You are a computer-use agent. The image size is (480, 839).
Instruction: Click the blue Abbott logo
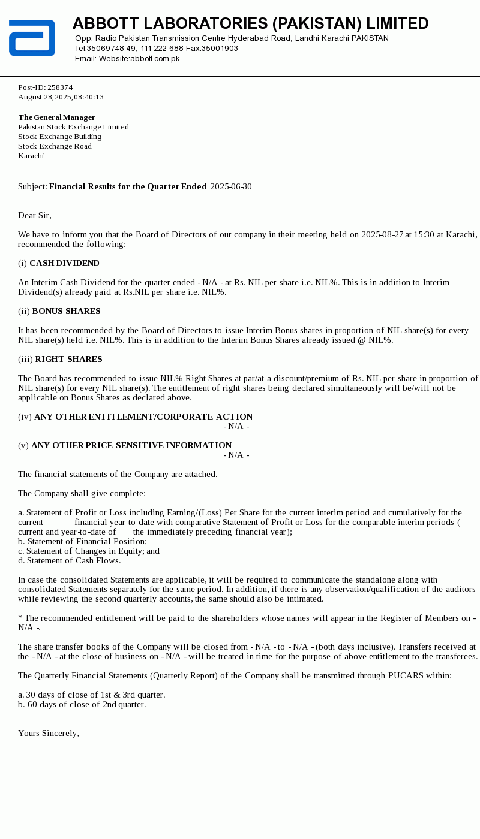tap(32, 38)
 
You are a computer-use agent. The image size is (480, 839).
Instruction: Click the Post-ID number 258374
tap(60, 87)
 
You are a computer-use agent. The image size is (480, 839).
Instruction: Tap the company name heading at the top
tap(250, 24)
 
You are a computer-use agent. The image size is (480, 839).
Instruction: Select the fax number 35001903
tap(220, 49)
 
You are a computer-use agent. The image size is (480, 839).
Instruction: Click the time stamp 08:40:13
tap(89, 97)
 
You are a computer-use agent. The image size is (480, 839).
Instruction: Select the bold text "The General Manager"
tap(57, 117)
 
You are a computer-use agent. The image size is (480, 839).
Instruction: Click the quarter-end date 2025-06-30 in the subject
tap(231, 187)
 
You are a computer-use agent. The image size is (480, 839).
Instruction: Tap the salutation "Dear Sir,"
tap(35, 216)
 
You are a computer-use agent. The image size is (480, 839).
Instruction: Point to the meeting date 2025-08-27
tap(382, 235)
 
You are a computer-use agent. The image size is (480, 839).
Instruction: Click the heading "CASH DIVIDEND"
tap(64, 264)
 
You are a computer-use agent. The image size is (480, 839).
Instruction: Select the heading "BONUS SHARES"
tap(66, 312)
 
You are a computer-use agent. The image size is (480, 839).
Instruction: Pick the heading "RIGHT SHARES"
tap(68, 360)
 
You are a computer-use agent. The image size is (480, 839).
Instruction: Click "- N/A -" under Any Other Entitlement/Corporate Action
tap(236, 427)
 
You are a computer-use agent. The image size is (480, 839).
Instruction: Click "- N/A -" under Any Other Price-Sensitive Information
tap(236, 455)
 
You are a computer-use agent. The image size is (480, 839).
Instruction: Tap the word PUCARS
tap(407, 676)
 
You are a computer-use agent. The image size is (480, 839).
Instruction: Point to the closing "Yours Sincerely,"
tap(49, 734)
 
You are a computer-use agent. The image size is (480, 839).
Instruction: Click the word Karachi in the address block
tap(31, 156)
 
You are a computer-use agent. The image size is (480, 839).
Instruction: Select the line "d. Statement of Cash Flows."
tap(70, 561)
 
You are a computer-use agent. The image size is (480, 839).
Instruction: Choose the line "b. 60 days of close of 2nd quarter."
tap(82, 705)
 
